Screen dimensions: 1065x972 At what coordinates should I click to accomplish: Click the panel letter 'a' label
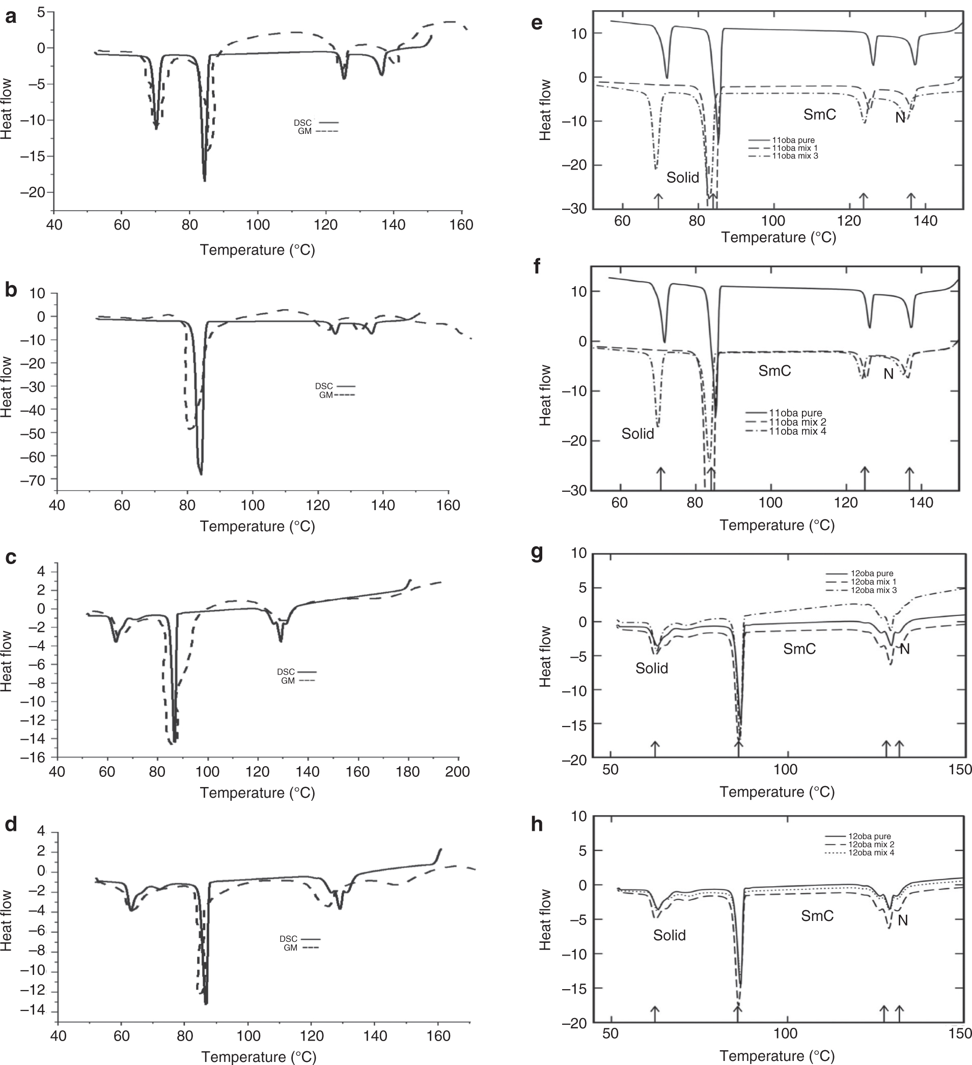(11, 17)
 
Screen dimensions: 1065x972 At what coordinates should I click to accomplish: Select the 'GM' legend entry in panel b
(326, 395)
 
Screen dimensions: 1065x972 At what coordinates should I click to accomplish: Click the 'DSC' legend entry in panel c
(286, 672)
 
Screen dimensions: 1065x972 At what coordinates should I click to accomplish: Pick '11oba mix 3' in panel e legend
(795, 156)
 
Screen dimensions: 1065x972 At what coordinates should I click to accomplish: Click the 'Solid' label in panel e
(682, 178)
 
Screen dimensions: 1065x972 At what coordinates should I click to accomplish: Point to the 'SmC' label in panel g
(799, 649)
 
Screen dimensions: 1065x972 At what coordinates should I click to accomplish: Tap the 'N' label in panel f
(888, 374)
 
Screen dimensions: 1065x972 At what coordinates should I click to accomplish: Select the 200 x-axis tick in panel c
(457, 772)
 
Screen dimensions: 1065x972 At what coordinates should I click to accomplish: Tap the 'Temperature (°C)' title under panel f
(777, 525)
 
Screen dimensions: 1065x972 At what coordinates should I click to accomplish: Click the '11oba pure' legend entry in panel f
(795, 413)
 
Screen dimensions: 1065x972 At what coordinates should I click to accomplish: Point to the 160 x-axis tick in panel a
(462, 225)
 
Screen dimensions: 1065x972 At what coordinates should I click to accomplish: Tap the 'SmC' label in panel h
(817, 915)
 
